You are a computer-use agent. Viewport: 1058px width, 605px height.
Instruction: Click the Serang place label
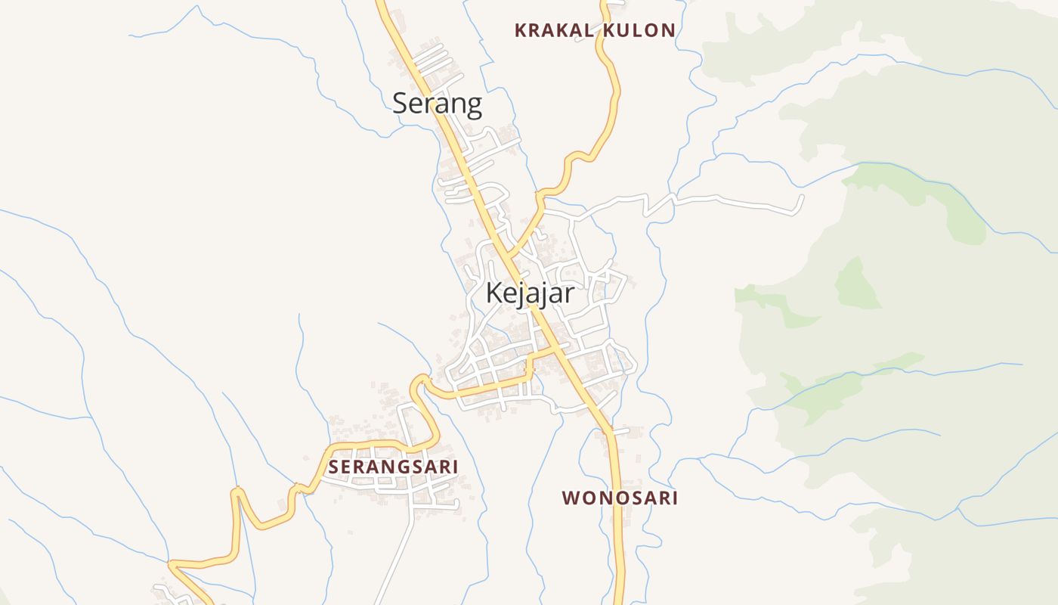pos(437,103)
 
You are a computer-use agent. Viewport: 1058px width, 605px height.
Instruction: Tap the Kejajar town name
pos(530,293)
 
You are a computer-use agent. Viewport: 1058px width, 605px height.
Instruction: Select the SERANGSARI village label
pos(393,467)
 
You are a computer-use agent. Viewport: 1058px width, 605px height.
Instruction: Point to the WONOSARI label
pos(620,498)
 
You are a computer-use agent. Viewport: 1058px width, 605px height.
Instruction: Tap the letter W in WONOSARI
pos(571,498)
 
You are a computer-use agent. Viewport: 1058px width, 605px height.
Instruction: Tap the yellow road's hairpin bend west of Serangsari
pos(238,493)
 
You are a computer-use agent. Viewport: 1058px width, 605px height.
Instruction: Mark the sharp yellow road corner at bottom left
pos(171,563)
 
